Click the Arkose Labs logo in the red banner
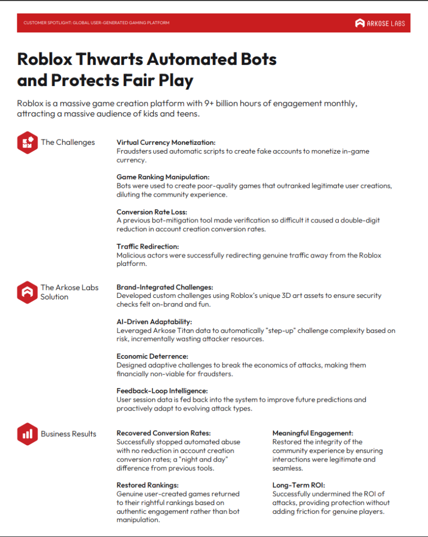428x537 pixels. pyautogui.click(x=380, y=23)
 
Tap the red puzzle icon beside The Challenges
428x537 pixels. pyautogui.click(x=27, y=142)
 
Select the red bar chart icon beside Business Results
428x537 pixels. pyautogui.click(x=27, y=434)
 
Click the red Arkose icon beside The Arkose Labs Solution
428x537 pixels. pyautogui.click(x=27, y=292)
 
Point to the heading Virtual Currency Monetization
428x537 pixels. pyautogui.click(x=166, y=143)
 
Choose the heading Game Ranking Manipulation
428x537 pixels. pyautogui.click(x=163, y=177)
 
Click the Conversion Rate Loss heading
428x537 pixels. pyautogui.click(x=152, y=212)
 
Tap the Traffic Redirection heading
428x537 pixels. pyautogui.click(x=147, y=246)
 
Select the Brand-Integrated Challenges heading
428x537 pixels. pyautogui.click(x=164, y=287)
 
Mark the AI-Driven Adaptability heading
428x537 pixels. pyautogui.click(x=154, y=322)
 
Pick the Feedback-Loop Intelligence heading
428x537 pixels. pyautogui.click(x=162, y=391)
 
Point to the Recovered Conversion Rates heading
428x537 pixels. pyautogui.click(x=163, y=433)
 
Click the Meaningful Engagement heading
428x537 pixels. pyautogui.click(x=313, y=433)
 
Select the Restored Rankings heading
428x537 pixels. pyautogui.click(x=147, y=485)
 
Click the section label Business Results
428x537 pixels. pyautogui.click(x=68, y=434)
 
